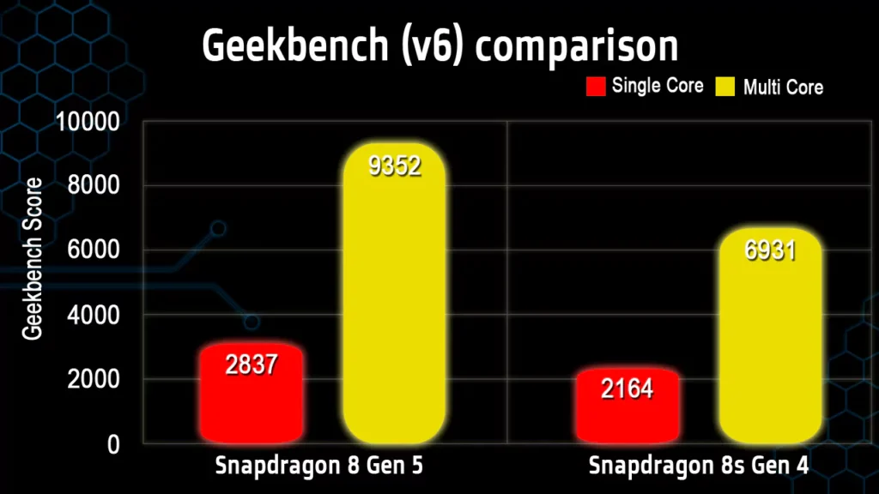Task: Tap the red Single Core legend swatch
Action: (x=597, y=86)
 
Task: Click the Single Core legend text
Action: (x=658, y=86)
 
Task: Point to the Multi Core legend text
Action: (x=783, y=87)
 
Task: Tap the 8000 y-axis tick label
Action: (x=93, y=186)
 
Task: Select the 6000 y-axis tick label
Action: (x=93, y=250)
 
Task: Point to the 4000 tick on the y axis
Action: (x=93, y=315)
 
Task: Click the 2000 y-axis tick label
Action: (x=93, y=379)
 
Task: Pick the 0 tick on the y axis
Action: (x=112, y=444)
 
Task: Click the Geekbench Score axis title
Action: (x=33, y=259)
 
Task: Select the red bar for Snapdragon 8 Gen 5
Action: (x=252, y=395)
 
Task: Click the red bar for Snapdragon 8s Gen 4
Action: (x=627, y=407)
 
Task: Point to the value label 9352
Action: (x=395, y=166)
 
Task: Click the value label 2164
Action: (x=627, y=389)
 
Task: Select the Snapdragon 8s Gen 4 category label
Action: (x=699, y=467)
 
